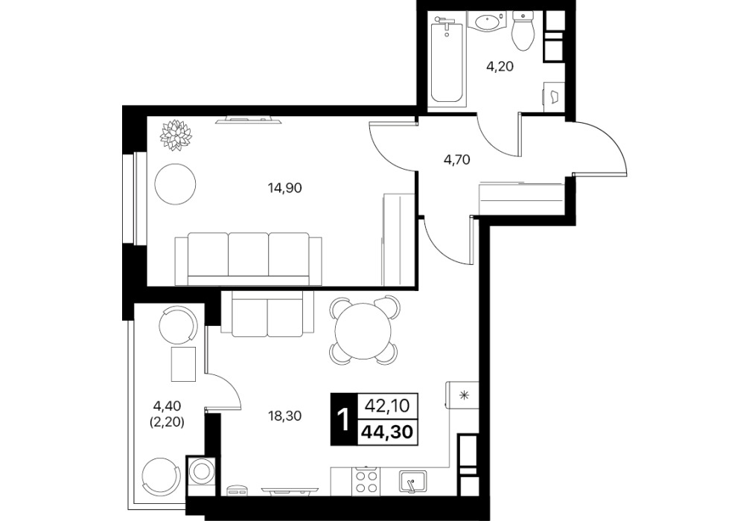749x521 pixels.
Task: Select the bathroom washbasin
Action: [487, 22]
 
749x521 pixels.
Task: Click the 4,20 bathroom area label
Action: [500, 66]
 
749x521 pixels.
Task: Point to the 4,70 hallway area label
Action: [457, 159]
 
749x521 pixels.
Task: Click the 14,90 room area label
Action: [284, 188]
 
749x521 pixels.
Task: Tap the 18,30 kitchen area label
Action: [284, 416]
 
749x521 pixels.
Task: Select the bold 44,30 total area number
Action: [387, 432]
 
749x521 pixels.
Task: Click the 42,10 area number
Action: [387, 406]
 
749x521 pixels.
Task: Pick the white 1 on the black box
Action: [342, 419]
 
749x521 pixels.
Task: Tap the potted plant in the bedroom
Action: [176, 135]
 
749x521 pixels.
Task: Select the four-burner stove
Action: [366, 481]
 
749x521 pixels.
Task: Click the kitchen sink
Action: [412, 482]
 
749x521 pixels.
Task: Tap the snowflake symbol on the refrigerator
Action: [463, 395]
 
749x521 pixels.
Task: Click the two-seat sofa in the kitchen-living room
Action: [267, 314]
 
